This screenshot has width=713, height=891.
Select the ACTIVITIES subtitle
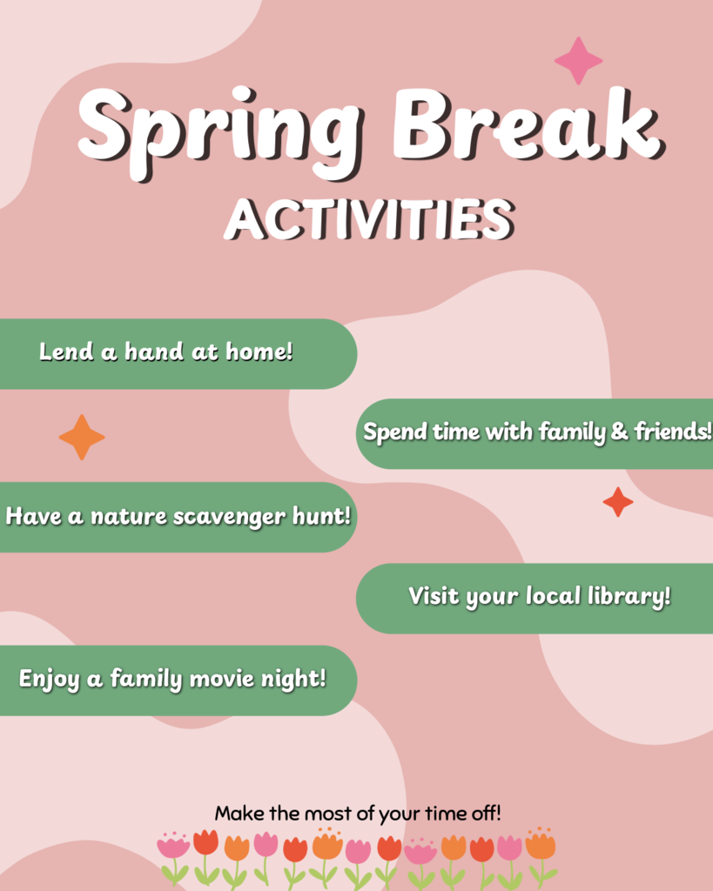click(x=367, y=219)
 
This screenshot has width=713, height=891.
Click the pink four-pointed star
click(x=578, y=60)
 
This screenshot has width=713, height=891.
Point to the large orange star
click(x=82, y=437)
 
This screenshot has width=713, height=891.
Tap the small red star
click(x=618, y=502)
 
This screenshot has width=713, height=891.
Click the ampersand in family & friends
click(x=620, y=432)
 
